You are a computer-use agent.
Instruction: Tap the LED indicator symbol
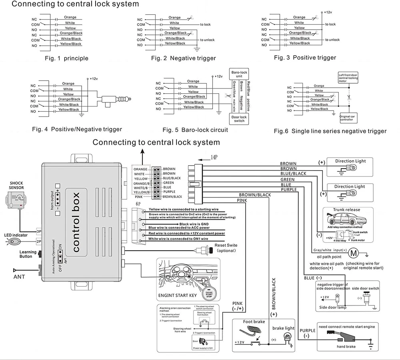click(x=16, y=242)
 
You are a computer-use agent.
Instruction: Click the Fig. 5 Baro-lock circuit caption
click(x=195, y=130)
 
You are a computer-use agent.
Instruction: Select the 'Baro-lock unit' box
click(x=239, y=74)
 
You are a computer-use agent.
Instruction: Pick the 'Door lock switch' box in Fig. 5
click(x=239, y=119)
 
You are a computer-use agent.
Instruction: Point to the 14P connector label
click(x=214, y=158)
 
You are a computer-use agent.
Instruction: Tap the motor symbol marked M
click(x=353, y=253)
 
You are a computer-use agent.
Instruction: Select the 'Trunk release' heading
click(x=346, y=210)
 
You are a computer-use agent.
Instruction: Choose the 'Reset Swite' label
click(x=226, y=245)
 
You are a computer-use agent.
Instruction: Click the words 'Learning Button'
click(x=28, y=254)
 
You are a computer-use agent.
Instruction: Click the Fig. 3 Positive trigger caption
click(x=305, y=58)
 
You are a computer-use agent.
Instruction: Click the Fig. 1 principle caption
click(x=66, y=58)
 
